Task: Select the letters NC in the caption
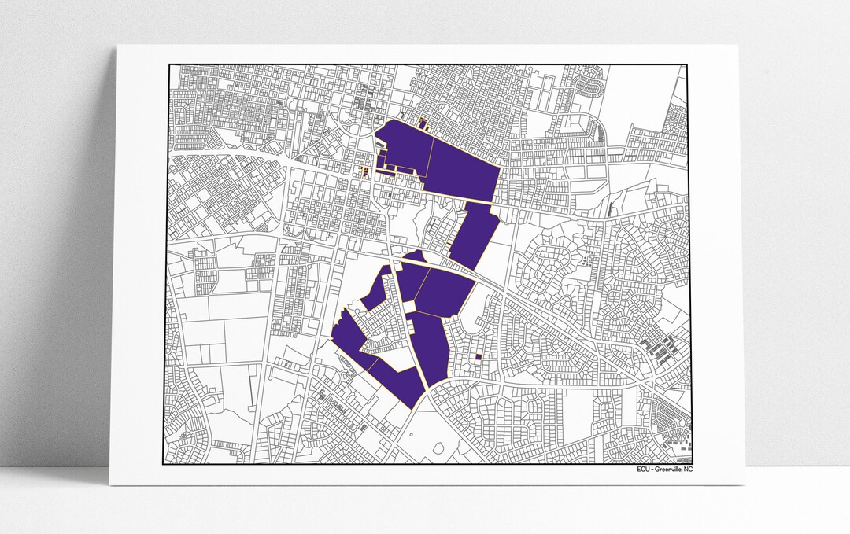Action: coord(689,470)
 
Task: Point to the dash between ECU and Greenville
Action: coord(653,470)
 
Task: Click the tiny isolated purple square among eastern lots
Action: coord(478,357)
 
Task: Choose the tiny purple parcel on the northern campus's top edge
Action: coord(422,123)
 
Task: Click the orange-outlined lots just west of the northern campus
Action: coord(364,169)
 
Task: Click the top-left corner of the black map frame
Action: coord(170,65)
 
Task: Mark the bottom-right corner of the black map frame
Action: coord(692,463)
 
